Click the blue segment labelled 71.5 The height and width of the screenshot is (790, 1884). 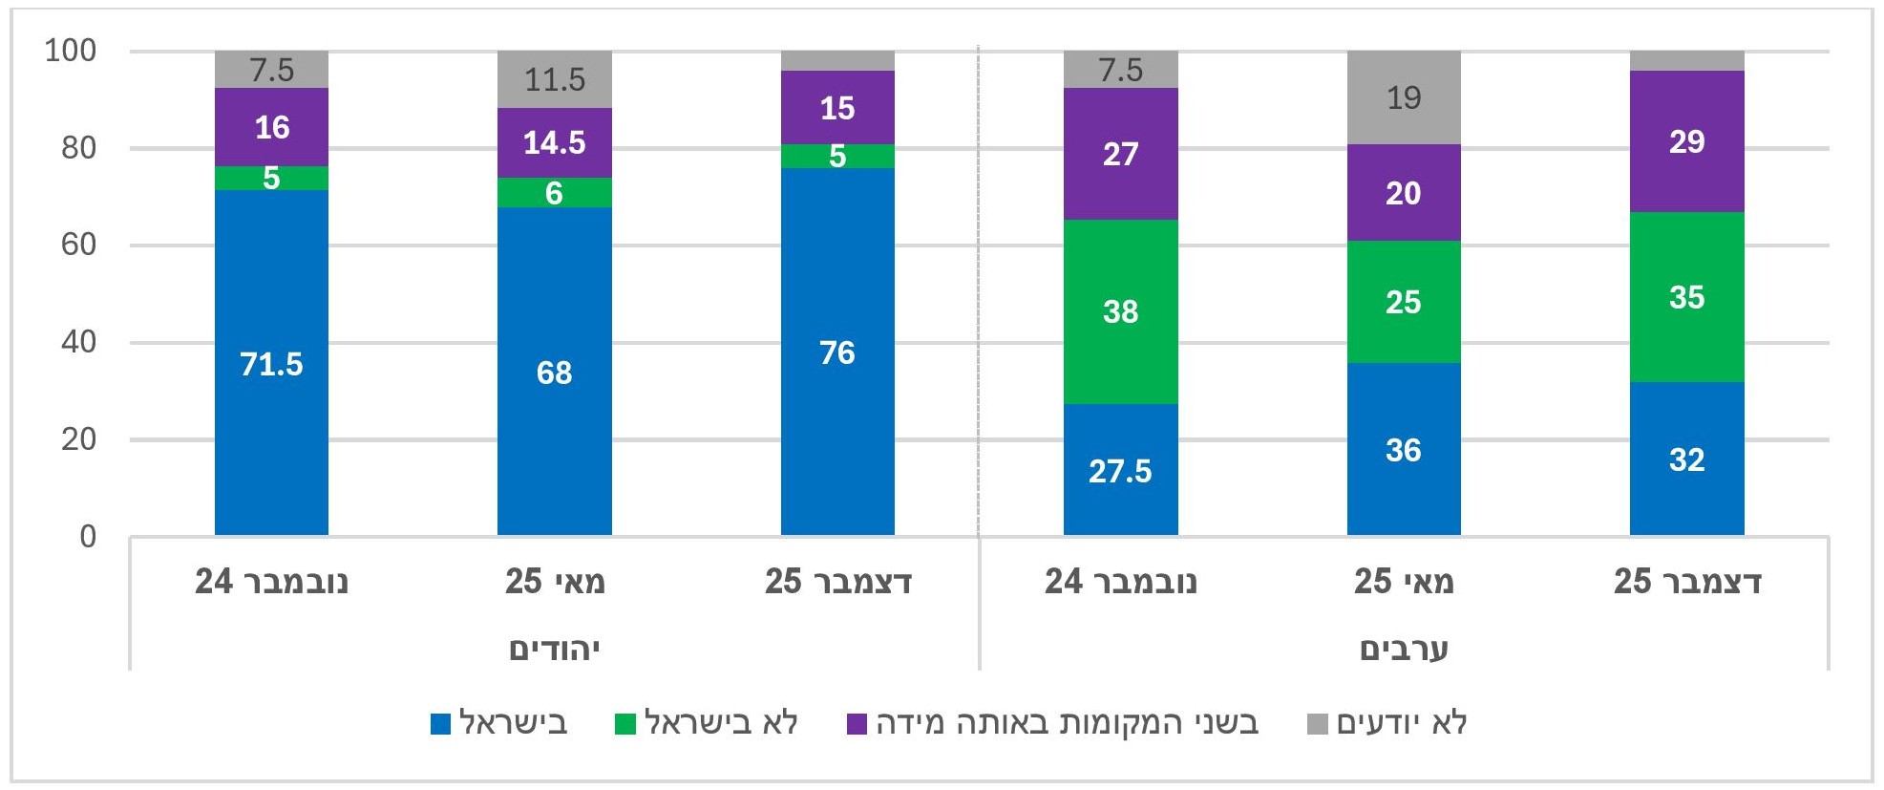point(271,363)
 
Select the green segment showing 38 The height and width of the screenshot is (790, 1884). point(1120,311)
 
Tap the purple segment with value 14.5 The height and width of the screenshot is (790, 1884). point(554,142)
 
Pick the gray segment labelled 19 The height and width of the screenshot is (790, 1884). point(1403,97)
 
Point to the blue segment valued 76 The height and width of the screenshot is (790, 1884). point(837,352)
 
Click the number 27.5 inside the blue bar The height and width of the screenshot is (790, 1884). point(1120,471)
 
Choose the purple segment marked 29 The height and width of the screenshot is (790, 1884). point(1686,141)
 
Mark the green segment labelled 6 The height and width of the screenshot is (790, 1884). point(554,193)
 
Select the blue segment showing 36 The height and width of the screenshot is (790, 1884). point(1403,449)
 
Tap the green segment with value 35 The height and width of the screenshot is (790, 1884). point(1686,297)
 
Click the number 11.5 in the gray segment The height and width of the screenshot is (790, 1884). point(554,79)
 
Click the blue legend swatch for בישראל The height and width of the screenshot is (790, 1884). point(441,724)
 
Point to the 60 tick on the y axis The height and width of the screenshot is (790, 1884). point(78,245)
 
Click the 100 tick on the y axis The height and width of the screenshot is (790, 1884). point(71,51)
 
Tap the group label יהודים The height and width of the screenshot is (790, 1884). point(554,650)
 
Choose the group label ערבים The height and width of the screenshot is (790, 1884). point(1403,650)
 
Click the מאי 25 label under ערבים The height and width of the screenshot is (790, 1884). point(1403,581)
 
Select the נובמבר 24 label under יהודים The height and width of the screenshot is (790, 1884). point(271,581)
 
